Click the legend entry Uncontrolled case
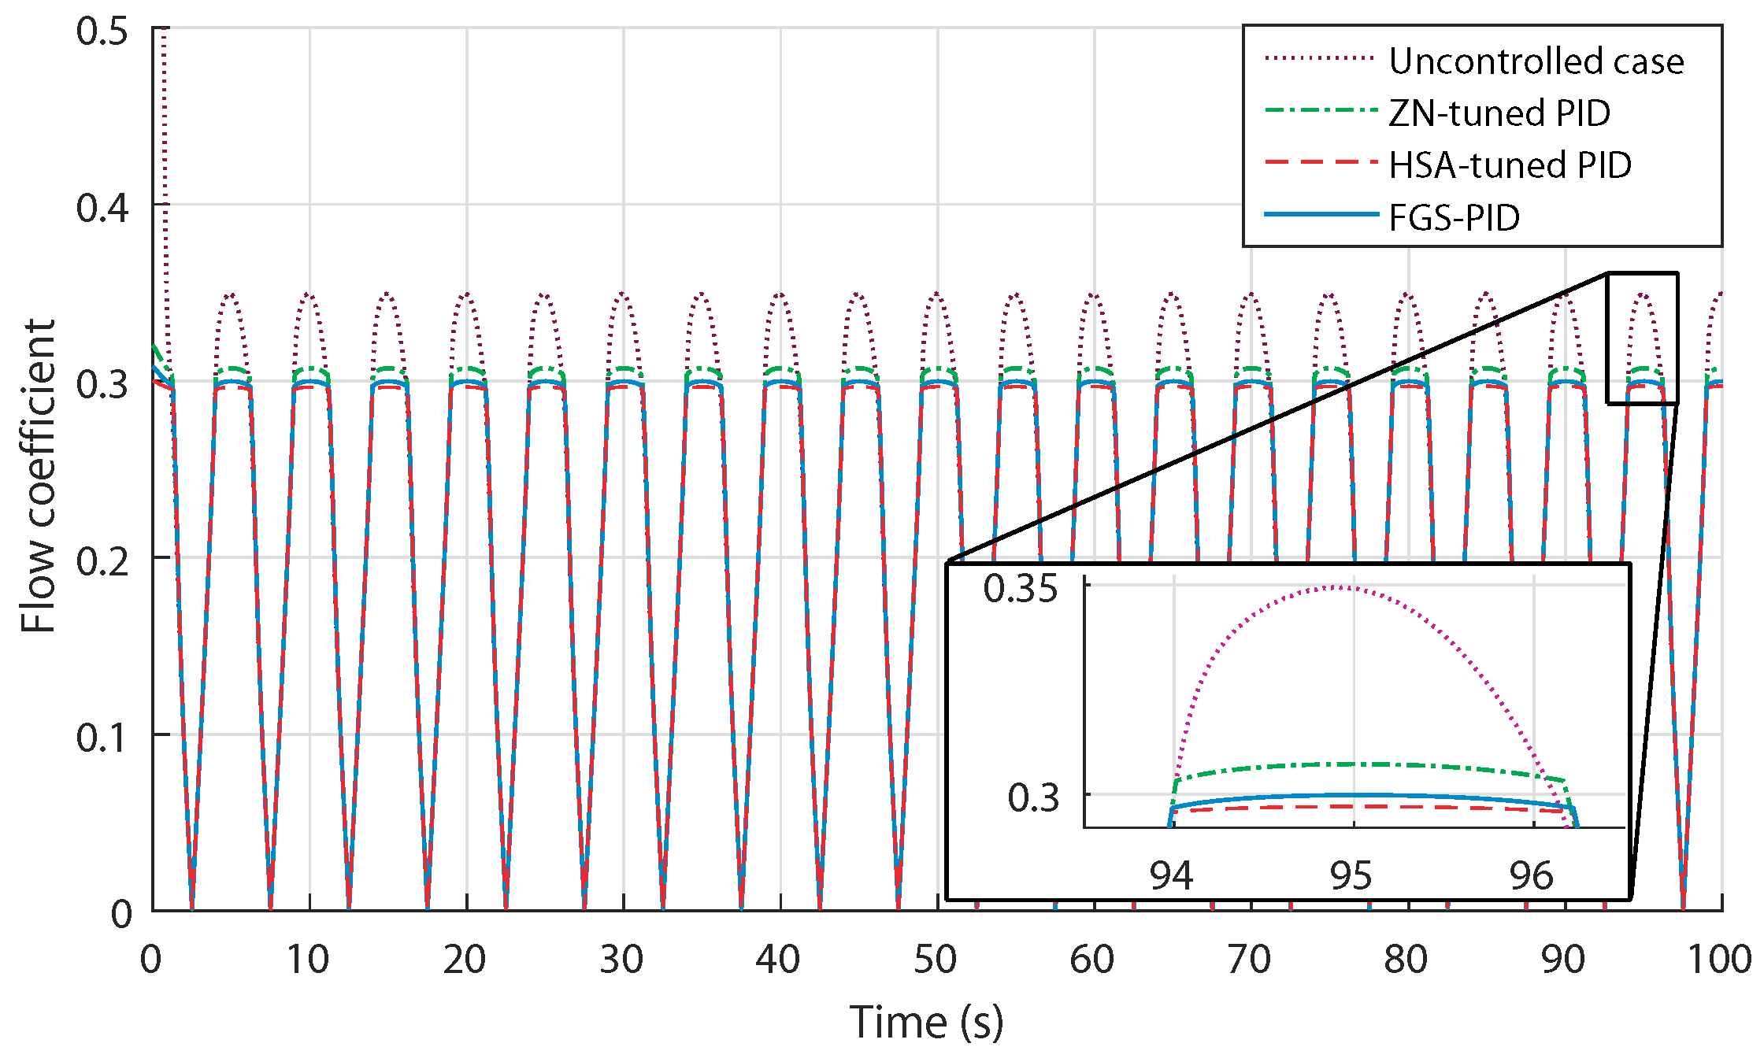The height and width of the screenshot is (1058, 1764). pyautogui.click(x=1536, y=61)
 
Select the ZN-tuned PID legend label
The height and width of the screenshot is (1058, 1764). pyautogui.click(x=1499, y=113)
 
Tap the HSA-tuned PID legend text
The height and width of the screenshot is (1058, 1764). pyautogui.click(x=1510, y=165)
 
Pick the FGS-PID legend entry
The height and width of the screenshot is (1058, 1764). pyautogui.click(x=1454, y=218)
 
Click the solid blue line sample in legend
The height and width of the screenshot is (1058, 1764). pyautogui.click(x=1321, y=215)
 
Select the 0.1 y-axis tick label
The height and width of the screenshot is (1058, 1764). pyautogui.click(x=102, y=738)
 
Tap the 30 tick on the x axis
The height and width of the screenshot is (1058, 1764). pyautogui.click(x=621, y=960)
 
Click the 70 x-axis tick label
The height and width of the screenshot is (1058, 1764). pyautogui.click(x=1249, y=960)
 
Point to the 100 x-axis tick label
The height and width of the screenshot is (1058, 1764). pyautogui.click(x=1719, y=960)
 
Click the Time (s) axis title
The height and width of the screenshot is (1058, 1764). pyautogui.click(x=926, y=1023)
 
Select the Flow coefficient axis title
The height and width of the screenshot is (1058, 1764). pyautogui.click(x=38, y=475)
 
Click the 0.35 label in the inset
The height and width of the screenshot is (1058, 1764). pyautogui.click(x=1020, y=589)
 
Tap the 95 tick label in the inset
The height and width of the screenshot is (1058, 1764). pyautogui.click(x=1351, y=875)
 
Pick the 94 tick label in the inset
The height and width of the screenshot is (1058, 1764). pyautogui.click(x=1171, y=875)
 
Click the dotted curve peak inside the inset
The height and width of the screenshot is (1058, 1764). pyautogui.click(x=1339, y=586)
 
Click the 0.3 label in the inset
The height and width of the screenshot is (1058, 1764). pyautogui.click(x=1033, y=797)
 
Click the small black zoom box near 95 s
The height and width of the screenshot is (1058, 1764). pyautogui.click(x=1642, y=338)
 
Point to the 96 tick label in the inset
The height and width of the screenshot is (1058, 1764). pyautogui.click(x=1531, y=875)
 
